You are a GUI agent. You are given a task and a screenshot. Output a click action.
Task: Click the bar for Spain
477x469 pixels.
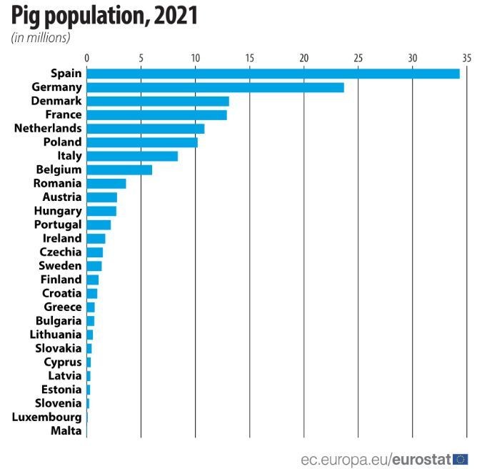(x=273, y=73)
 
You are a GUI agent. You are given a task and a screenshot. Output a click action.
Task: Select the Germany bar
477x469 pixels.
(x=215, y=87)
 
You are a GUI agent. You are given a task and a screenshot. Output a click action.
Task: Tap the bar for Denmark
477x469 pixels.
(x=158, y=101)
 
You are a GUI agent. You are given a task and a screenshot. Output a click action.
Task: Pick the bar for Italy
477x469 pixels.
(x=132, y=156)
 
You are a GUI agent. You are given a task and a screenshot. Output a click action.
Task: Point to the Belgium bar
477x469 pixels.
(x=119, y=169)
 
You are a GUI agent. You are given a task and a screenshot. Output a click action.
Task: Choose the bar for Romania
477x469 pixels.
(x=106, y=183)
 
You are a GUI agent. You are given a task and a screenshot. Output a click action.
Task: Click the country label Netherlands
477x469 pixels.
(x=48, y=129)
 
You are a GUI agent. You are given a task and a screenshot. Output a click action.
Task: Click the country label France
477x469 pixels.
(x=64, y=114)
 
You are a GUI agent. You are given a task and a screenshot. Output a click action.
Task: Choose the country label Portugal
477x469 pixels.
(x=58, y=224)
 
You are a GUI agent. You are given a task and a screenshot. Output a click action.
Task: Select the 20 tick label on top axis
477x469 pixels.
(x=303, y=58)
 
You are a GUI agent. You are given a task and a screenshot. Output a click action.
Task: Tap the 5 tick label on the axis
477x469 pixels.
(x=141, y=58)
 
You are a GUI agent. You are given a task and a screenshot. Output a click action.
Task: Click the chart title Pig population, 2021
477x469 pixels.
(x=104, y=16)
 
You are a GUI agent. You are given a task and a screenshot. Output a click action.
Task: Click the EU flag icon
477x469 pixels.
(x=461, y=458)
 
